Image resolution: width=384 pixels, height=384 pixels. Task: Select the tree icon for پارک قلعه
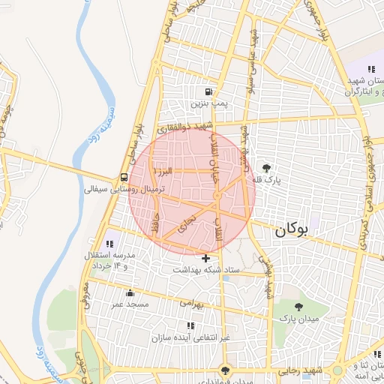(x=266, y=169)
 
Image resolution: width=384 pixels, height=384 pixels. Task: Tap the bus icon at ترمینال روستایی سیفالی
(x=122, y=178)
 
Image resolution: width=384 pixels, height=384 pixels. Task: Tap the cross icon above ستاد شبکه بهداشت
(x=205, y=258)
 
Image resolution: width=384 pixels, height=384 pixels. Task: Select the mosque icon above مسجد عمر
(x=131, y=293)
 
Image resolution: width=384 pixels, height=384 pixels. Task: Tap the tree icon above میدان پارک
(x=298, y=307)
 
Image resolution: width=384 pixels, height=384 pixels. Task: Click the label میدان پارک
(x=298, y=319)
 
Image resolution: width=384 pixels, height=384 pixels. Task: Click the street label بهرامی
(x=191, y=303)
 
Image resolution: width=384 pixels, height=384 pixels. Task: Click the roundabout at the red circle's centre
(x=216, y=196)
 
